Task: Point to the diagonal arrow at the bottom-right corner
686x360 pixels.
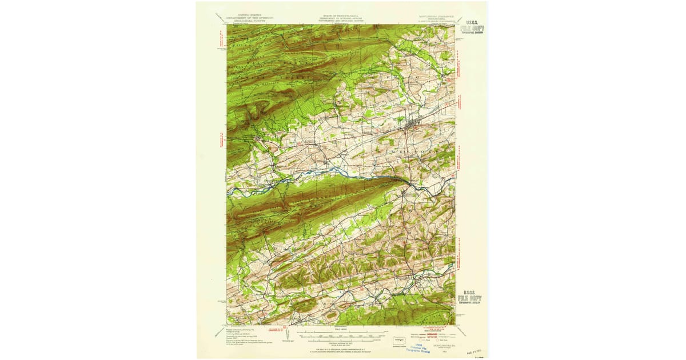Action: click(462, 331)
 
